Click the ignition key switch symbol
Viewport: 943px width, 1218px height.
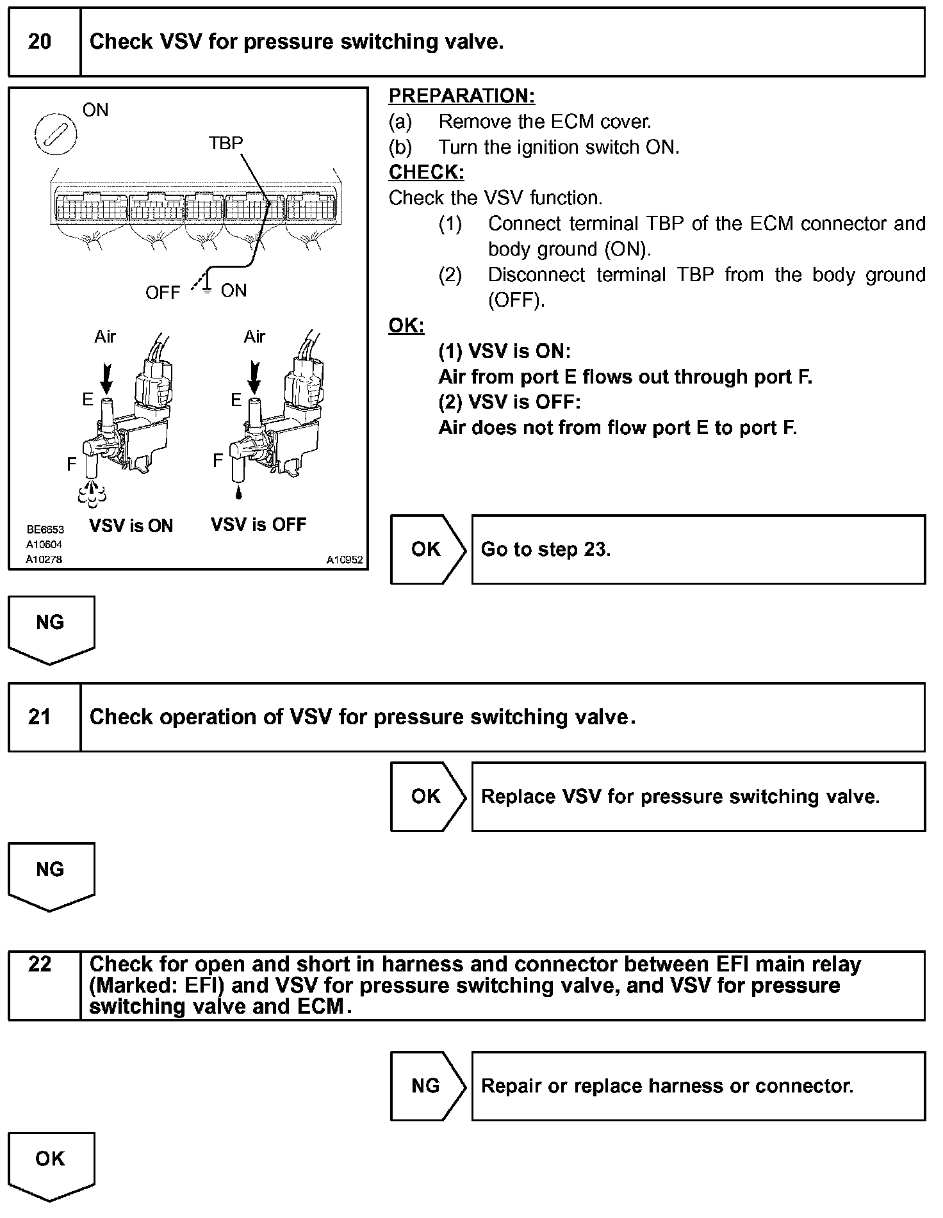(x=55, y=134)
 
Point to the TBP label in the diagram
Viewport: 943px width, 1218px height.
(x=225, y=143)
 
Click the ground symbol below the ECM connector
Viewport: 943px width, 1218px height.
(x=206, y=291)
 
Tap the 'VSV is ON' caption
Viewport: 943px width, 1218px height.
(x=131, y=526)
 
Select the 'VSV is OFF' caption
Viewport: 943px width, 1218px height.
(x=258, y=524)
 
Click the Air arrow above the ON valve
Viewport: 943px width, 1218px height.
(x=106, y=378)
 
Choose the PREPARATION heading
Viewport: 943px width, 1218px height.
(x=461, y=96)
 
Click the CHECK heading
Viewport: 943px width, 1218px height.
(x=426, y=172)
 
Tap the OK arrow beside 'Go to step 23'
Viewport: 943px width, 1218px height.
(x=427, y=549)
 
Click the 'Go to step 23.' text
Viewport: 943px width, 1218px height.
(x=546, y=549)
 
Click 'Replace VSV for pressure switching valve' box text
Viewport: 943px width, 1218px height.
(x=680, y=797)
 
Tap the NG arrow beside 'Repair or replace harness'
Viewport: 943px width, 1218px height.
(x=427, y=1086)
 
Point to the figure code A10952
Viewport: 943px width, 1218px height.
(x=345, y=560)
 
